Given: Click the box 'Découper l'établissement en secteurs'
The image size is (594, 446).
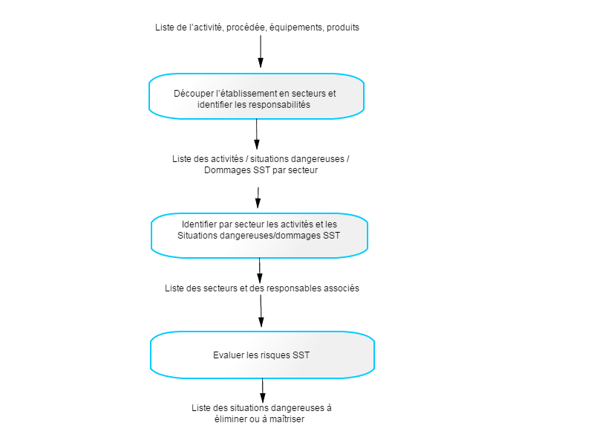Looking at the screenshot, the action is [x=256, y=97].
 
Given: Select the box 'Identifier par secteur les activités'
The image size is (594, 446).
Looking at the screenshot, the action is [x=259, y=236].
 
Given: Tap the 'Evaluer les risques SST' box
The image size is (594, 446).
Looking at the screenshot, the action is [x=262, y=355].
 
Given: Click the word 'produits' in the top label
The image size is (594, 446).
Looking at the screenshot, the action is [x=343, y=28].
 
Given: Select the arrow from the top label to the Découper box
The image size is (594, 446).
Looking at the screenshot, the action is [x=261, y=51].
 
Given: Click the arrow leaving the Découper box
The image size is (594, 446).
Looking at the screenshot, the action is [x=256, y=135].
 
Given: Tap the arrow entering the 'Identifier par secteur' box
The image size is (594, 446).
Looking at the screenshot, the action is [x=258, y=198].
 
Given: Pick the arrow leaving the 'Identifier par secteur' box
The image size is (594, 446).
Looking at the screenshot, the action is [x=259, y=271].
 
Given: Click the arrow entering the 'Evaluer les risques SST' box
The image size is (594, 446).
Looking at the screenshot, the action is [x=261, y=311].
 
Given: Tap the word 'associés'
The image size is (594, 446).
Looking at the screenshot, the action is [x=342, y=288].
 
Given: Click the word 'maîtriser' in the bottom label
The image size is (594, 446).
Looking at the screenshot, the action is [x=287, y=419].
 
